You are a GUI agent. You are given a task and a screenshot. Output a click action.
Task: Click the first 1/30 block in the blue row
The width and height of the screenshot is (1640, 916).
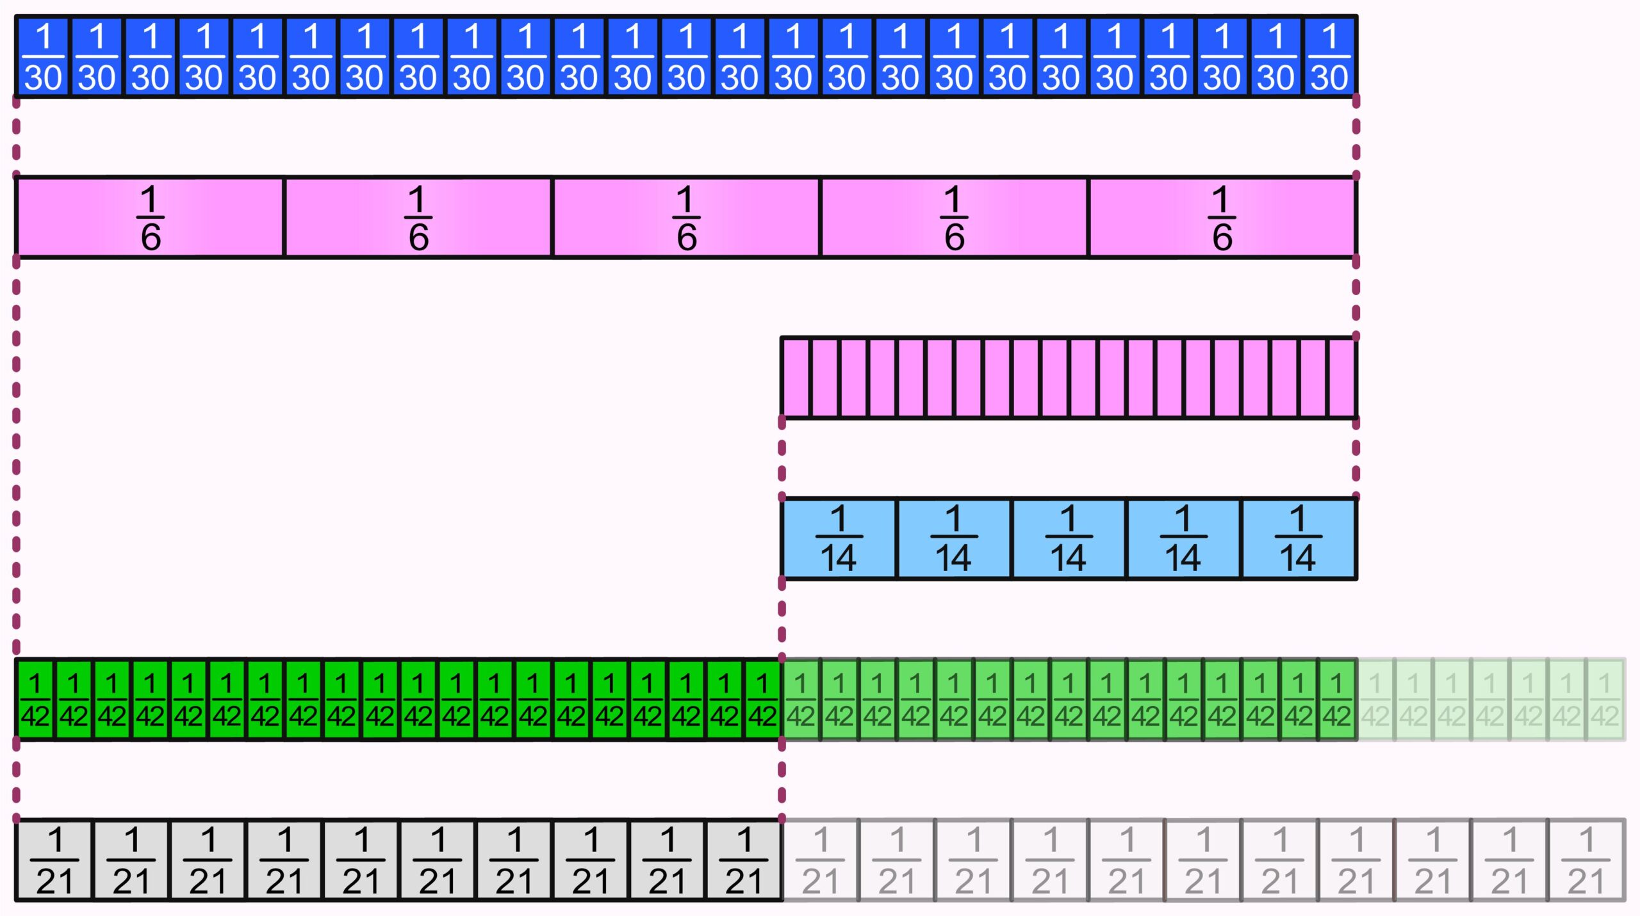click(43, 57)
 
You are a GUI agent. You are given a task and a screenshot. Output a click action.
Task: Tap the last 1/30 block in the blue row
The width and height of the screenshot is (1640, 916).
click(1329, 57)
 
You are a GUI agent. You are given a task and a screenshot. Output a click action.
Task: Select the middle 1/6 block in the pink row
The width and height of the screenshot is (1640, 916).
click(685, 218)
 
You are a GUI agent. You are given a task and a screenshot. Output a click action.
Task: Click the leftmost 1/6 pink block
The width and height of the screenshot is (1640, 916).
click(150, 218)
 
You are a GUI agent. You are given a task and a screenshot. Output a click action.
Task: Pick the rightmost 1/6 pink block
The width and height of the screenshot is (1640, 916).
click(1222, 218)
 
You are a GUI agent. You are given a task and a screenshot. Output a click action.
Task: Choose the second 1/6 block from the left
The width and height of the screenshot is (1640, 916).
click(418, 218)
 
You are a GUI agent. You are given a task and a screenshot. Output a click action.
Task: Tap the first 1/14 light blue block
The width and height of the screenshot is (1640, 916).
click(839, 538)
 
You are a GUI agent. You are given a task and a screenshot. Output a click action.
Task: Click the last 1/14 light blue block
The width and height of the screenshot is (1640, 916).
click(1298, 538)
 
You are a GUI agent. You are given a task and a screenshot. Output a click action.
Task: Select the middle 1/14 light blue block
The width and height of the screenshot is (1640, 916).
click(1068, 538)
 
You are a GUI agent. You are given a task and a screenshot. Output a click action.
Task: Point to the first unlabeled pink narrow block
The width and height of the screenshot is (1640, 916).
click(796, 378)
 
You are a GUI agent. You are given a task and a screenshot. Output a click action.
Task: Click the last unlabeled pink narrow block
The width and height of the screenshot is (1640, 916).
click(1341, 378)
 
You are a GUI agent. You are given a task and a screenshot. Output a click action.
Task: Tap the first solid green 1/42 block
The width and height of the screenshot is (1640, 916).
click(35, 700)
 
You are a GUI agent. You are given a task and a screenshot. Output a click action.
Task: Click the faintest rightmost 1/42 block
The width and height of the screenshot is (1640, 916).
click(1605, 700)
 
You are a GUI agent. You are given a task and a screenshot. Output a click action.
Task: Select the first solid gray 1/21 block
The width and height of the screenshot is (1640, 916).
click(54, 860)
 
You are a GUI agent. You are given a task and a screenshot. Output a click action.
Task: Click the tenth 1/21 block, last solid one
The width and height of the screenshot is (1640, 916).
click(743, 860)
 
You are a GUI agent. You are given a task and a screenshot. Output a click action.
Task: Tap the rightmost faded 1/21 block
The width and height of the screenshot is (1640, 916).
click(1586, 860)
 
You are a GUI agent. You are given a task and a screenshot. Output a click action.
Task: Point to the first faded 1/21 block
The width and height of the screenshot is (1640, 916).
click(820, 860)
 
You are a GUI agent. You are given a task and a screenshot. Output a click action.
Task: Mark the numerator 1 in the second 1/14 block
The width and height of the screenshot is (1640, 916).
click(953, 518)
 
